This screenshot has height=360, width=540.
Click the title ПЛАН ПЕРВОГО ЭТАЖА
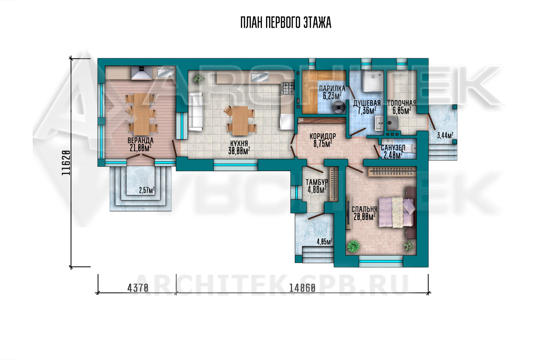coord(286,23)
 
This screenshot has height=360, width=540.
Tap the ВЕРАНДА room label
coord(140,140)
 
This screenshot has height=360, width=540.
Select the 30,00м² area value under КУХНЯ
coord(239,151)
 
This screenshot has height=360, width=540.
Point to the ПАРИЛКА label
coord(332,89)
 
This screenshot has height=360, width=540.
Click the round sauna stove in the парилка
coord(339,107)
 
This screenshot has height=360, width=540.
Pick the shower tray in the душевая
coord(373,81)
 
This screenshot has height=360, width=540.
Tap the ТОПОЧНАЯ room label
coord(402,103)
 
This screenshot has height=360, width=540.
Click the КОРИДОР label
coord(323,136)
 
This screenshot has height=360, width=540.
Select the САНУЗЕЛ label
coord(393,148)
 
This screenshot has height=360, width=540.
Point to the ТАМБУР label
coord(317,182)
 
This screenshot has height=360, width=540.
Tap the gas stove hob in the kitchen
coord(288,88)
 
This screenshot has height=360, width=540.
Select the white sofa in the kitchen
coord(195,112)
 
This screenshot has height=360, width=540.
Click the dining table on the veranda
coord(142,114)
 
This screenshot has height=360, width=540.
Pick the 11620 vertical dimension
coord(66,162)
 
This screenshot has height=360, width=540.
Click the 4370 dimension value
coord(138,288)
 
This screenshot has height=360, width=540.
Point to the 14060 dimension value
coord(302,288)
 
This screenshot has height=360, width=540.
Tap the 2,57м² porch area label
coord(147,190)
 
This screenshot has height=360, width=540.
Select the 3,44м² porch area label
coord(445,135)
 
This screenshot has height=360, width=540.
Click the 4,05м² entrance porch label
coord(325,242)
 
